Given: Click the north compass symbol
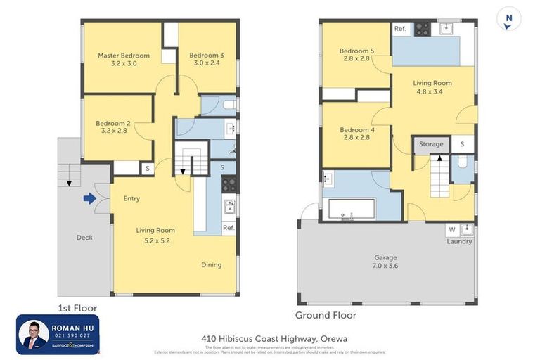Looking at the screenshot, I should [x=508, y=19].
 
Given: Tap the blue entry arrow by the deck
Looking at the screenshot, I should [x=89, y=198].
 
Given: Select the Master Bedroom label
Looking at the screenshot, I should [x=124, y=56].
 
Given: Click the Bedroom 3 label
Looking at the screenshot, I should [x=207, y=56].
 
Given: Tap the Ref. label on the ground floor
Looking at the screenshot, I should [x=400, y=29].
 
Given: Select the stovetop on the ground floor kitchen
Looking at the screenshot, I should [x=422, y=29].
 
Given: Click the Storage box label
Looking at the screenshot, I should [x=431, y=144].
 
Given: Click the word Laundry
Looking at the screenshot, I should [x=459, y=241].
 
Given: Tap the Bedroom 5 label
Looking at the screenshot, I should [x=356, y=51].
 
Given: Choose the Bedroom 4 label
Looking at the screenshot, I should [x=356, y=130].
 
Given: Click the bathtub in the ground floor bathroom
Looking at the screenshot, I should [x=352, y=209].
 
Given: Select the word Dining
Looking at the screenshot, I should [x=211, y=265].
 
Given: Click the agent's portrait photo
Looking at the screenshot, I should [x=33, y=335].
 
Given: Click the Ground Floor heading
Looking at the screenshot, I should [x=326, y=315].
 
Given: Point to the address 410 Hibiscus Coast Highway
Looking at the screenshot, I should [x=269, y=338].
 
